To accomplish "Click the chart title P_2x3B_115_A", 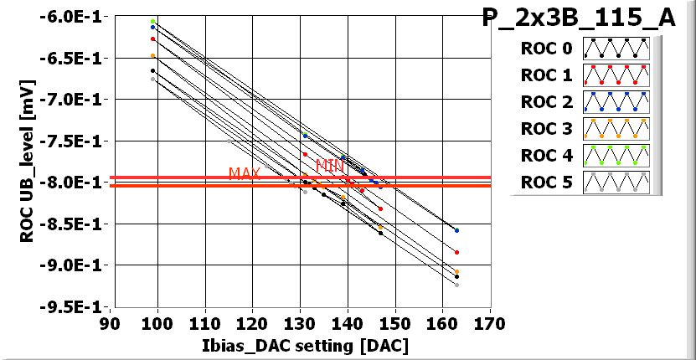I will pos(579,18).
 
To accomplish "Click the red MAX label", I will pos(245,173).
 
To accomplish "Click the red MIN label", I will pos(330,165).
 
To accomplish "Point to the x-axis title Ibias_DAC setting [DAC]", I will pos(300,346).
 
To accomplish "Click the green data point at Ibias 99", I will pos(152,21).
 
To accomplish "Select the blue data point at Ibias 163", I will pos(456,229).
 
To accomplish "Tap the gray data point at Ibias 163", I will pos(456,285).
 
